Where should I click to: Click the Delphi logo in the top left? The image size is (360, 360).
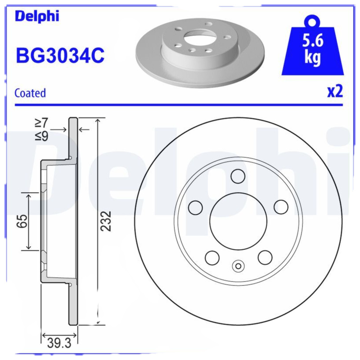tap(37, 16)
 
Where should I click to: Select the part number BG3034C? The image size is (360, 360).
tap(60, 56)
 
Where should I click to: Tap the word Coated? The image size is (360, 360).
tap(30, 93)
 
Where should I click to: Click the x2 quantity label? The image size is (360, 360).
tap(335, 91)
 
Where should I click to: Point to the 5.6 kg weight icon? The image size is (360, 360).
tap(313, 49)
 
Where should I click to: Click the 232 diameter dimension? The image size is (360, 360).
tap(106, 221)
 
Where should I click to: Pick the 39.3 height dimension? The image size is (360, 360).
tap(59, 343)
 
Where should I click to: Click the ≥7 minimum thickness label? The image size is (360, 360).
tap(41, 122)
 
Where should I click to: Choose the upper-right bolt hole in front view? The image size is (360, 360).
tap(281, 207)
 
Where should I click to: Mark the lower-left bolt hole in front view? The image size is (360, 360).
tap(211, 257)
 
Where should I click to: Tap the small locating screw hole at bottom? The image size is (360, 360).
tap(238, 266)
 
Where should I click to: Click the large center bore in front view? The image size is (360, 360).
tap(238, 220)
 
